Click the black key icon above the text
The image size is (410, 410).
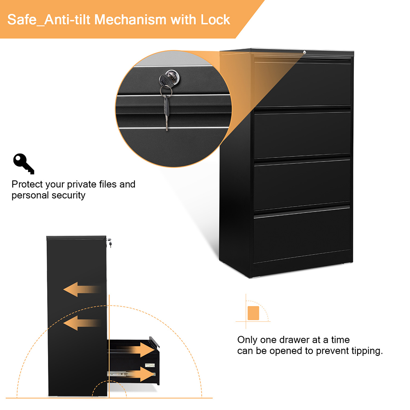pyautogui.click(x=23, y=164)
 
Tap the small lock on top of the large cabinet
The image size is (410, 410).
pyautogui.click(x=304, y=52)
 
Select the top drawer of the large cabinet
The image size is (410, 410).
pyautogui.click(x=303, y=84)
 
